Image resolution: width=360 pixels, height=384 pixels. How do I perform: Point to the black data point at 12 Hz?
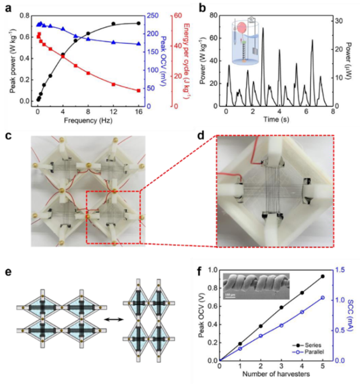point(113,24)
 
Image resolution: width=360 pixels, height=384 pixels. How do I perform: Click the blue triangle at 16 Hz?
point(139,44)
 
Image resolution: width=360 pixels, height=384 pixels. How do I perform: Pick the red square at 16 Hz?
point(139,91)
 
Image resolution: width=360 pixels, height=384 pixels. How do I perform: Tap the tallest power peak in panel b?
point(263,28)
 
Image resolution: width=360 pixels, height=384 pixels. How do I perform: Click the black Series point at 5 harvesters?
point(322,277)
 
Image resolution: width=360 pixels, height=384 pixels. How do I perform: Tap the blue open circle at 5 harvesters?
point(322,297)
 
